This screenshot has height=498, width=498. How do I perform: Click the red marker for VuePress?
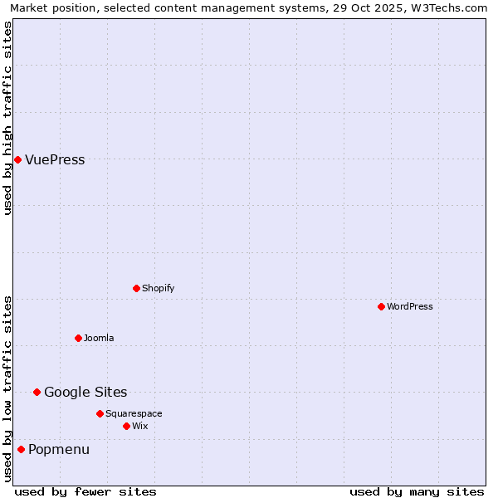point(17,159)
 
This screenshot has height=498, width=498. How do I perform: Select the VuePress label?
point(55,160)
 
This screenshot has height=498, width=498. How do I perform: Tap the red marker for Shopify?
point(136,288)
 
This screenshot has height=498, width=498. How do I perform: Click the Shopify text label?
point(158,289)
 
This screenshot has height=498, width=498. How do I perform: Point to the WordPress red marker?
point(381,306)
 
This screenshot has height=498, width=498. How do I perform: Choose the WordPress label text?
point(409,307)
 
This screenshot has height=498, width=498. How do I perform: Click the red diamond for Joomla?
point(78,338)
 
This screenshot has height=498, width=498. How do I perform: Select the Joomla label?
point(99,339)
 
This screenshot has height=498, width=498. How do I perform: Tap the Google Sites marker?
point(37,392)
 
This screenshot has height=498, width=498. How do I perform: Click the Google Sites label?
point(85,393)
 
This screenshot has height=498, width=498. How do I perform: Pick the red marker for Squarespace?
point(100,413)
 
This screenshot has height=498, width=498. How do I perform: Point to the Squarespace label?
point(134,414)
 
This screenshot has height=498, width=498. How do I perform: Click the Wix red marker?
point(126,426)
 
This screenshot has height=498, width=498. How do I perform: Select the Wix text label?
point(139,427)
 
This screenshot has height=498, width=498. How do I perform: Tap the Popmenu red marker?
point(21,449)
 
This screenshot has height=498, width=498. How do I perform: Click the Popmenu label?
point(59,450)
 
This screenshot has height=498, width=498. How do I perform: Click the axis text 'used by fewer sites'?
point(85,491)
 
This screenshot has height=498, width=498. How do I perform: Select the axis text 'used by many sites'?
point(417,491)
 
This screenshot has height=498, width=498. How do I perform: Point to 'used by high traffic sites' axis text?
point(7,118)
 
